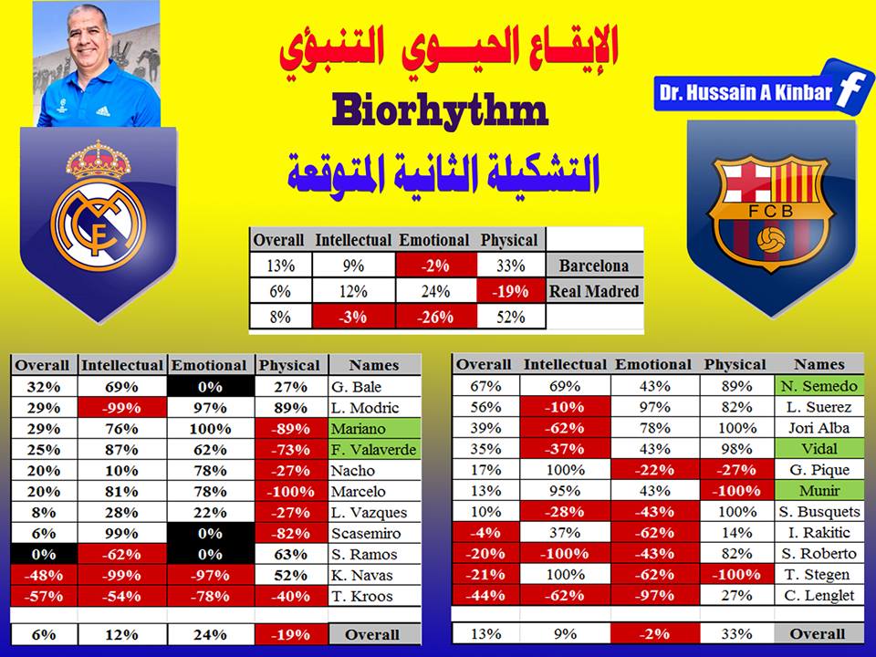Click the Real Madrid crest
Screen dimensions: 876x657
[99, 206]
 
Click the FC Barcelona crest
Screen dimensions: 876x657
[771, 213]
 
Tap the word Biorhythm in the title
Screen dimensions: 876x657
[440, 110]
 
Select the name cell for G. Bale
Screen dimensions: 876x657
[374, 387]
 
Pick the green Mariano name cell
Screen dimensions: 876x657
[374, 429]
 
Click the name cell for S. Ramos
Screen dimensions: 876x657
[374, 554]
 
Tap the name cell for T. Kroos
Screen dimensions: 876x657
[374, 596]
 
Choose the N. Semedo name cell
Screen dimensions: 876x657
[819, 386]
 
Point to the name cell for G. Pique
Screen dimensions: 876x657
[819, 470]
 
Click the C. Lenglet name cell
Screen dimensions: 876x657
[819, 596]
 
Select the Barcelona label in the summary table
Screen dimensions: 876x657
[594, 266]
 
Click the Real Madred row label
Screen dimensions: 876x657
[594, 291]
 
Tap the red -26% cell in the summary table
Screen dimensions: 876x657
[436, 317]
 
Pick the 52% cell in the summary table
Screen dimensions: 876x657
[511, 317]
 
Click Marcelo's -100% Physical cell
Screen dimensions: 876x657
[291, 492]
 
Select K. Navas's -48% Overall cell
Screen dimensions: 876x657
[44, 576]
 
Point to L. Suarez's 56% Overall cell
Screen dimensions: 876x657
[485, 407]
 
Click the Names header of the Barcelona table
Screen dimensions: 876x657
[819, 364]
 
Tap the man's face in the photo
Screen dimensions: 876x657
[88, 38]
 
